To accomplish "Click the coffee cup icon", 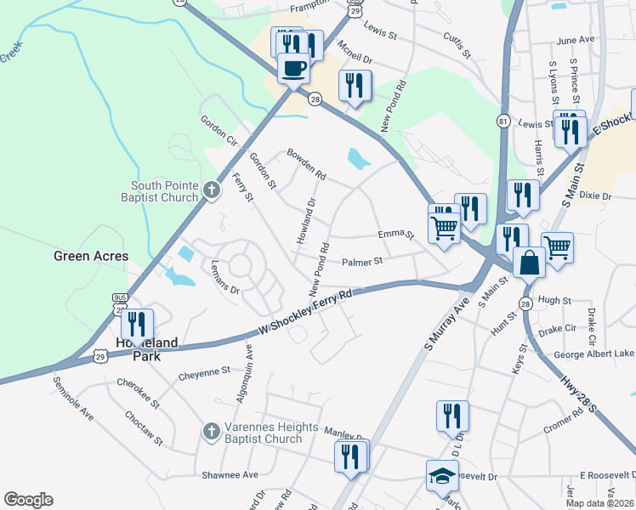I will click(x=293, y=68).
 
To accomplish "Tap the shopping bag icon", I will click(x=529, y=263).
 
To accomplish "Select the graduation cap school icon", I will click(x=442, y=476).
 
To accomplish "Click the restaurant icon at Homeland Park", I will click(x=137, y=325).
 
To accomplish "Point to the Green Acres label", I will click(x=91, y=256).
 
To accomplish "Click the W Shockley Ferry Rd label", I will click(x=305, y=314).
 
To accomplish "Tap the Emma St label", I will click(x=395, y=235).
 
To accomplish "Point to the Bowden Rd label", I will click(x=306, y=162).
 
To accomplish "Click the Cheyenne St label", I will click(x=204, y=371).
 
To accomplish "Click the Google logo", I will click(x=28, y=499).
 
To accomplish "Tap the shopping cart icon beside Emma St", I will click(x=444, y=228).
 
